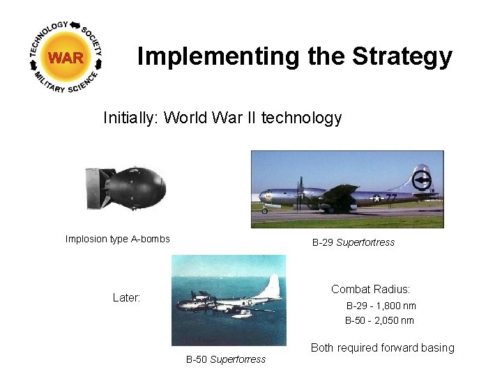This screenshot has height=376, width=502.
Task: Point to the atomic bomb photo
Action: [126, 186]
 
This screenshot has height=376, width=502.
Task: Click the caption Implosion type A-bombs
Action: [117, 239]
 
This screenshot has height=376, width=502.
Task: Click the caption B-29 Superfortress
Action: [353, 242]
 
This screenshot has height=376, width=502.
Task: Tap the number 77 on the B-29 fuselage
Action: [391, 198]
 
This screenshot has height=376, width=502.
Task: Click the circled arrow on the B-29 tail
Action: [421, 181]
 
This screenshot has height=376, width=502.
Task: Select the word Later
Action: [126, 297]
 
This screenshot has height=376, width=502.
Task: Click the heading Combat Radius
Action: [370, 289]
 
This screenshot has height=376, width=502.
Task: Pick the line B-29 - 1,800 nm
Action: [381, 306]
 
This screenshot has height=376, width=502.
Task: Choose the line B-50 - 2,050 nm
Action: [379, 320]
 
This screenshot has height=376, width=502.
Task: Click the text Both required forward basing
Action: [382, 347]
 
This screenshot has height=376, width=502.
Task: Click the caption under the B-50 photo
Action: [225, 359]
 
